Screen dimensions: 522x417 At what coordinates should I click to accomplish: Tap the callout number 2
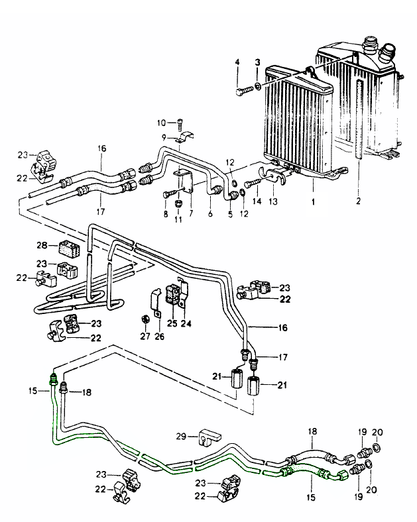pyautogui.click(x=359, y=198)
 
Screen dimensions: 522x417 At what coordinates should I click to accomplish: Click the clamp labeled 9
pyautogui.click(x=183, y=138)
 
